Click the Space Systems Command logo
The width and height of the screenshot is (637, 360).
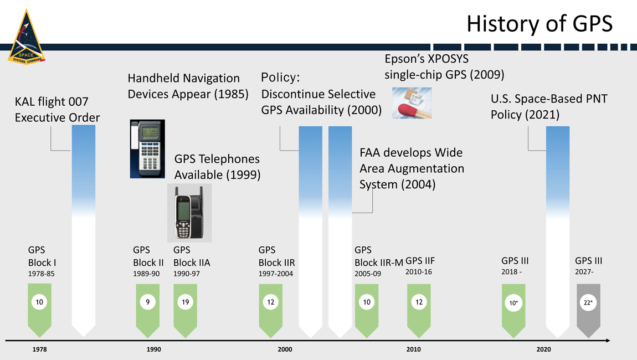pyautogui.click(x=27, y=37)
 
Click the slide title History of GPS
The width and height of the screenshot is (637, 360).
pyautogui.click(x=540, y=24)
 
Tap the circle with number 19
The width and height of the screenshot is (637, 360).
pyautogui.click(x=185, y=302)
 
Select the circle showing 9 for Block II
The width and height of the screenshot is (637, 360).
pyautogui.click(x=147, y=302)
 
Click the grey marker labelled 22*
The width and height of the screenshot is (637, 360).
pyautogui.click(x=588, y=311)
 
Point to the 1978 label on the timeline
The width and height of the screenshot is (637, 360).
pyautogui.click(x=39, y=349)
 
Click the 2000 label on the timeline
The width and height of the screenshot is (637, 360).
pyautogui.click(x=285, y=349)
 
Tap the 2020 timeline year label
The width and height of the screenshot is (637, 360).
pyautogui.click(x=543, y=349)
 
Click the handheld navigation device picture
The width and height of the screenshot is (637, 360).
pyautogui.click(x=147, y=149)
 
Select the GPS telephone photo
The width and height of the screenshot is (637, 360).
pyautogui.click(x=189, y=213)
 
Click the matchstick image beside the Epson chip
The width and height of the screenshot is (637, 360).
pyautogui.click(x=412, y=103)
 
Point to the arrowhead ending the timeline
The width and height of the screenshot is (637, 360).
pyautogui.click(x=608, y=341)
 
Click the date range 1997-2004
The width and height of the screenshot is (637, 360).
pyautogui.click(x=275, y=274)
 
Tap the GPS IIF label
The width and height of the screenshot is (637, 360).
pyautogui.click(x=420, y=261)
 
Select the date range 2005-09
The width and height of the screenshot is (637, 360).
pyautogui.click(x=368, y=274)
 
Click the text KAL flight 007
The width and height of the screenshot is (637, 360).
pyautogui.click(x=52, y=101)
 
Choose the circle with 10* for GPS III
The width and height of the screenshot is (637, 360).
pyautogui.click(x=513, y=303)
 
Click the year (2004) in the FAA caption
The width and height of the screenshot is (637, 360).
pyautogui.click(x=418, y=184)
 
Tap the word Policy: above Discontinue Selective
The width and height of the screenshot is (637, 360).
pyautogui.click(x=280, y=77)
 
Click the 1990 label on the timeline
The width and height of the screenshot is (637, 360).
pyautogui.click(x=153, y=349)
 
